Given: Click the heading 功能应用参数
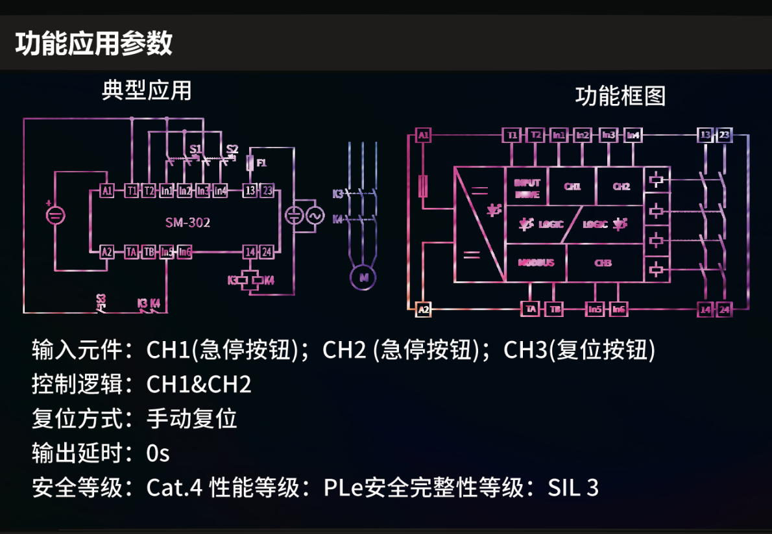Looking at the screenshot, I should click(x=94, y=43).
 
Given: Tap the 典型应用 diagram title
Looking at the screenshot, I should click(x=147, y=90).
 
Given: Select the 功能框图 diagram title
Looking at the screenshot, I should click(x=620, y=96).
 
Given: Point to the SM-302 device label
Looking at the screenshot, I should click(x=187, y=223).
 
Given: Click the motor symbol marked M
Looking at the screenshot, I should click(x=363, y=277).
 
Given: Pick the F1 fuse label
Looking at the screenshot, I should click(x=261, y=162).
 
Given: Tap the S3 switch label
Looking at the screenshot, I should click(x=101, y=299).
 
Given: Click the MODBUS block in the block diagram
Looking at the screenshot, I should click(x=536, y=263).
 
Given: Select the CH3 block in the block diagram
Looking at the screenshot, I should click(x=603, y=263).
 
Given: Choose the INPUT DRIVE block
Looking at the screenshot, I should click(x=527, y=188).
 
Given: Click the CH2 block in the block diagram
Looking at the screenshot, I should click(x=621, y=186).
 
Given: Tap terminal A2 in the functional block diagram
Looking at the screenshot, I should click(x=424, y=309).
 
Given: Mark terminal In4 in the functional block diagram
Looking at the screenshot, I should click(x=633, y=135).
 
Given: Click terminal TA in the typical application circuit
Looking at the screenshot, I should click(x=132, y=252).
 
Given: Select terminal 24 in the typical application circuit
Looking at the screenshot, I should click(x=267, y=252).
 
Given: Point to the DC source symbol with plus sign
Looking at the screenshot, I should click(x=55, y=215).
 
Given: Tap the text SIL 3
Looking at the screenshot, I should click(x=573, y=487).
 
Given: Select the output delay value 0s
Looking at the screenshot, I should click(x=158, y=453).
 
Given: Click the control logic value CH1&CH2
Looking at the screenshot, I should click(x=199, y=384).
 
